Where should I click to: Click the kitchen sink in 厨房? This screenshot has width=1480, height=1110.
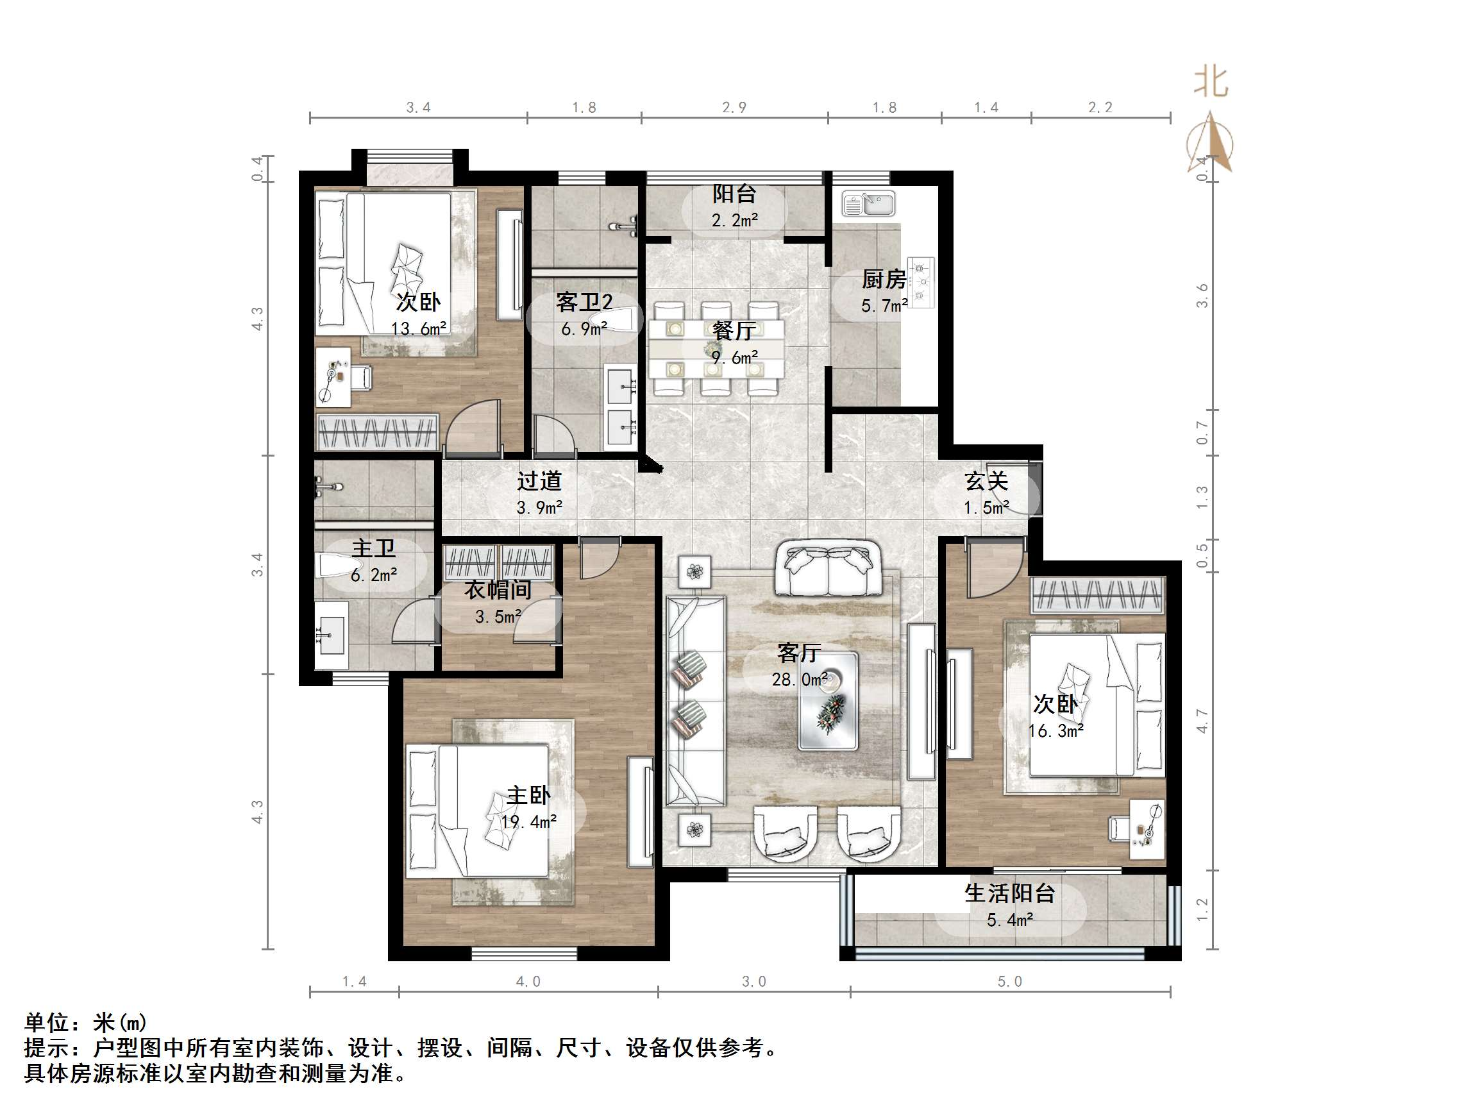click(x=868, y=203)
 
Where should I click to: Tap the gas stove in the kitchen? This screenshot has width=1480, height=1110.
click(x=921, y=282)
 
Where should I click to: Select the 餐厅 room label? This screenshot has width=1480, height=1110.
click(x=734, y=330)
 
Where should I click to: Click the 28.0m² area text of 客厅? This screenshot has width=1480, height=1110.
click(x=799, y=680)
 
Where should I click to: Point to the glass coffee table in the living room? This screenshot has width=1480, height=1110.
click(x=828, y=700)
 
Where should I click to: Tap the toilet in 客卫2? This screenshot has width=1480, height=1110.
click(x=619, y=319)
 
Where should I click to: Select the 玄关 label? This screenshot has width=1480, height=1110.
click(x=986, y=481)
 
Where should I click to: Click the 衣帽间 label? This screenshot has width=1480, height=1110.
click(x=498, y=589)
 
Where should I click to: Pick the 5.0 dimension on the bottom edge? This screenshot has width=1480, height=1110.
click(x=1009, y=982)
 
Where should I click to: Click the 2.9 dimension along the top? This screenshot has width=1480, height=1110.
click(x=734, y=107)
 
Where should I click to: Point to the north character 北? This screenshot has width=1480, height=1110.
click(x=1211, y=83)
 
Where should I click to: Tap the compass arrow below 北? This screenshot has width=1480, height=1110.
click(x=1211, y=142)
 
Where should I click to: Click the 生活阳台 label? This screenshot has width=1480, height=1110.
click(x=1009, y=893)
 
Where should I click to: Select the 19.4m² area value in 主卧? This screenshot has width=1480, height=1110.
click(x=528, y=821)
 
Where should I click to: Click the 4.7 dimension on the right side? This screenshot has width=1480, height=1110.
click(x=1202, y=721)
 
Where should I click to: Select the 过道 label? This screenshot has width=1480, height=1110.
click(x=539, y=480)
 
